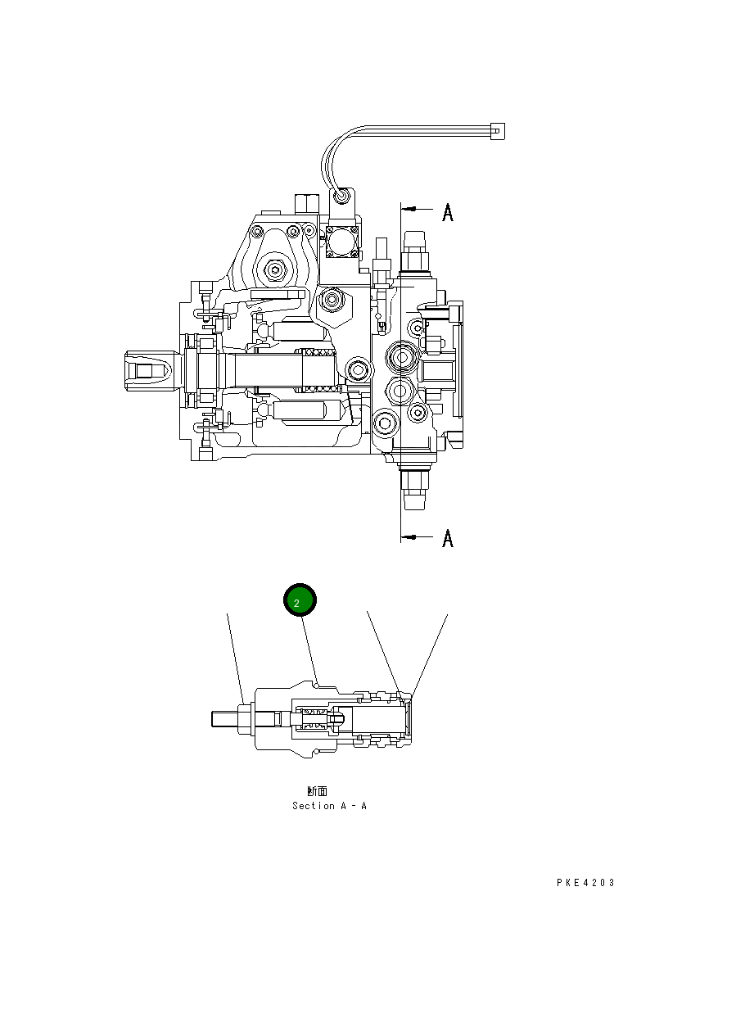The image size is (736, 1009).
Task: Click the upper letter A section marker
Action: click(448, 212)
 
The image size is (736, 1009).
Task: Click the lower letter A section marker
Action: click(448, 538)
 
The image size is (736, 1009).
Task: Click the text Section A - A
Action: click(329, 806)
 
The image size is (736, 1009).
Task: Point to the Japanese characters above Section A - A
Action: click(317, 791)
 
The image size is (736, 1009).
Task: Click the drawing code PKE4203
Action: click(585, 883)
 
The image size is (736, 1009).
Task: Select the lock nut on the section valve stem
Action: click(246, 718)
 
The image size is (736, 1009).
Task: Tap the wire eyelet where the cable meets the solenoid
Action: click(341, 197)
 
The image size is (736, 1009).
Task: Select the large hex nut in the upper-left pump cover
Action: click(273, 269)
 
